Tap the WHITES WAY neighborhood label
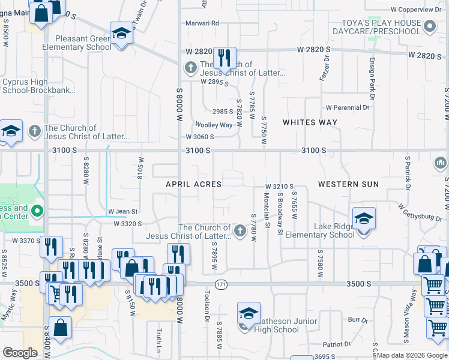click(x=310, y=122)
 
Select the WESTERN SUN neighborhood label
click(x=348, y=184)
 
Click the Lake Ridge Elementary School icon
click(x=364, y=219)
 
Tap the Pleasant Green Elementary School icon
click(x=121, y=34)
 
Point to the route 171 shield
click(x=222, y=284)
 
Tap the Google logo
click(x=20, y=353)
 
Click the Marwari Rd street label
click(x=202, y=23)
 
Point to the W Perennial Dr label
click(x=348, y=108)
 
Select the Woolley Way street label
click(x=213, y=125)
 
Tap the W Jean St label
click(x=123, y=211)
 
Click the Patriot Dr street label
click(x=337, y=344)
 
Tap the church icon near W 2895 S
click(x=190, y=67)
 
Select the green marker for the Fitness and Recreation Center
click(x=37, y=211)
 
